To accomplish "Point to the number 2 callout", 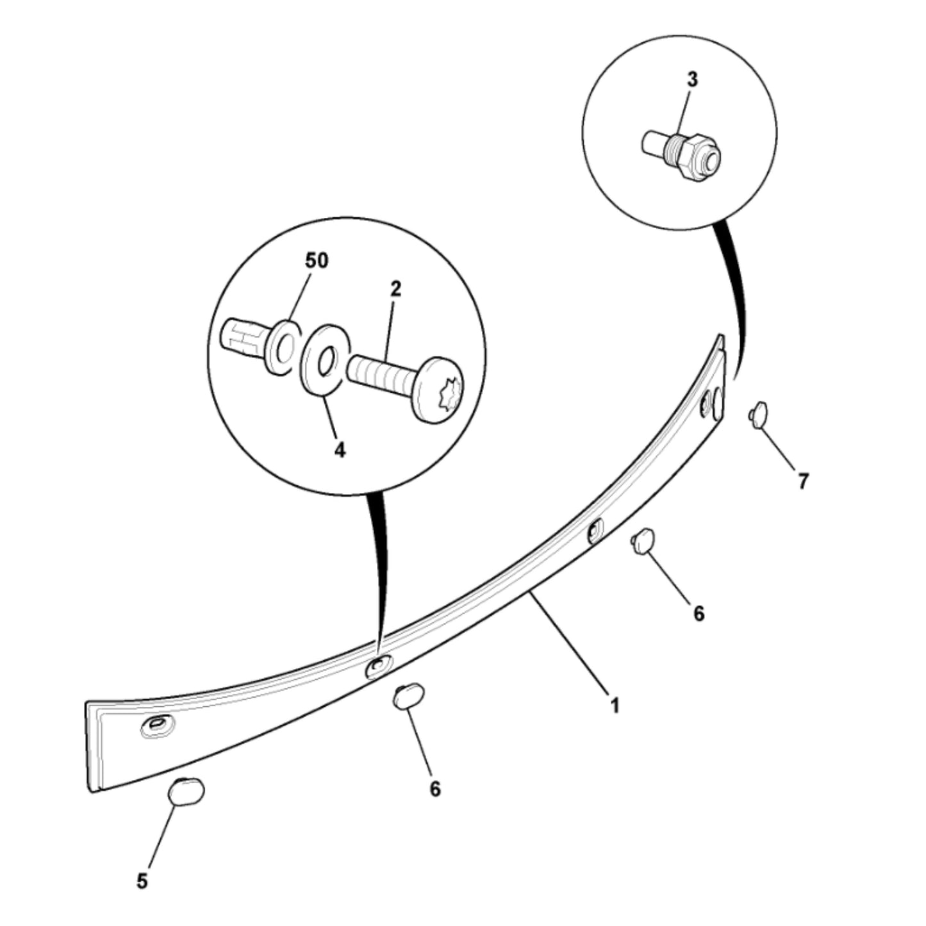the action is tap(395, 289).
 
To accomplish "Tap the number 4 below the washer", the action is tap(340, 450).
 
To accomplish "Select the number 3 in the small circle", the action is tap(691, 79).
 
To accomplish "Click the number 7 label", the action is tap(803, 481).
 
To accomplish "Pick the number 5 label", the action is tap(142, 881).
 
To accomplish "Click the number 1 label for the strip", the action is tap(615, 706).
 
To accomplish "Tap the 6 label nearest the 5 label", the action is tap(435, 789).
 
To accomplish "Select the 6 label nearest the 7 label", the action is tap(699, 613).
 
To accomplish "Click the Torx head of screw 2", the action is tap(439, 390).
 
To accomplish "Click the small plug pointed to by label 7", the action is tap(759, 414).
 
